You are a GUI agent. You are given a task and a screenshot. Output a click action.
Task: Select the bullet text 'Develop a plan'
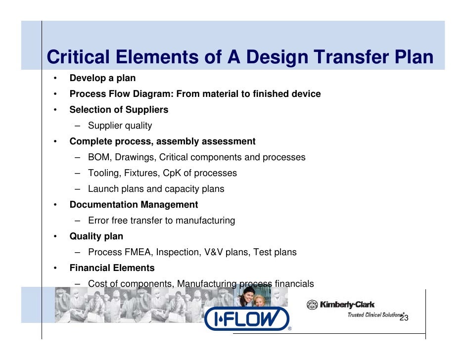point(102,78)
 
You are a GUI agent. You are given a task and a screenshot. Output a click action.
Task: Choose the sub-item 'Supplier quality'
point(120,126)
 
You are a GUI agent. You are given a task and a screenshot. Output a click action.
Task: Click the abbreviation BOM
point(98,157)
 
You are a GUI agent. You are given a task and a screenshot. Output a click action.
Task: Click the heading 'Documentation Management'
point(134,205)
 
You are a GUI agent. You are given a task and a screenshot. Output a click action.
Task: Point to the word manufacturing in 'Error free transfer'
point(204,221)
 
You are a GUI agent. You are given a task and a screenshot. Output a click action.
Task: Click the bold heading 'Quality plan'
point(96,236)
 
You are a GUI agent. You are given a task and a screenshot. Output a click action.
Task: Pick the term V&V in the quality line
point(214,252)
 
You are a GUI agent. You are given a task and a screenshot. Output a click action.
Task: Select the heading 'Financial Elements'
point(112,268)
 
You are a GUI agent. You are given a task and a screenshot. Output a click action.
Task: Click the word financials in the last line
point(294,284)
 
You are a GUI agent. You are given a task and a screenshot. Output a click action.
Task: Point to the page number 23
point(404,318)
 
